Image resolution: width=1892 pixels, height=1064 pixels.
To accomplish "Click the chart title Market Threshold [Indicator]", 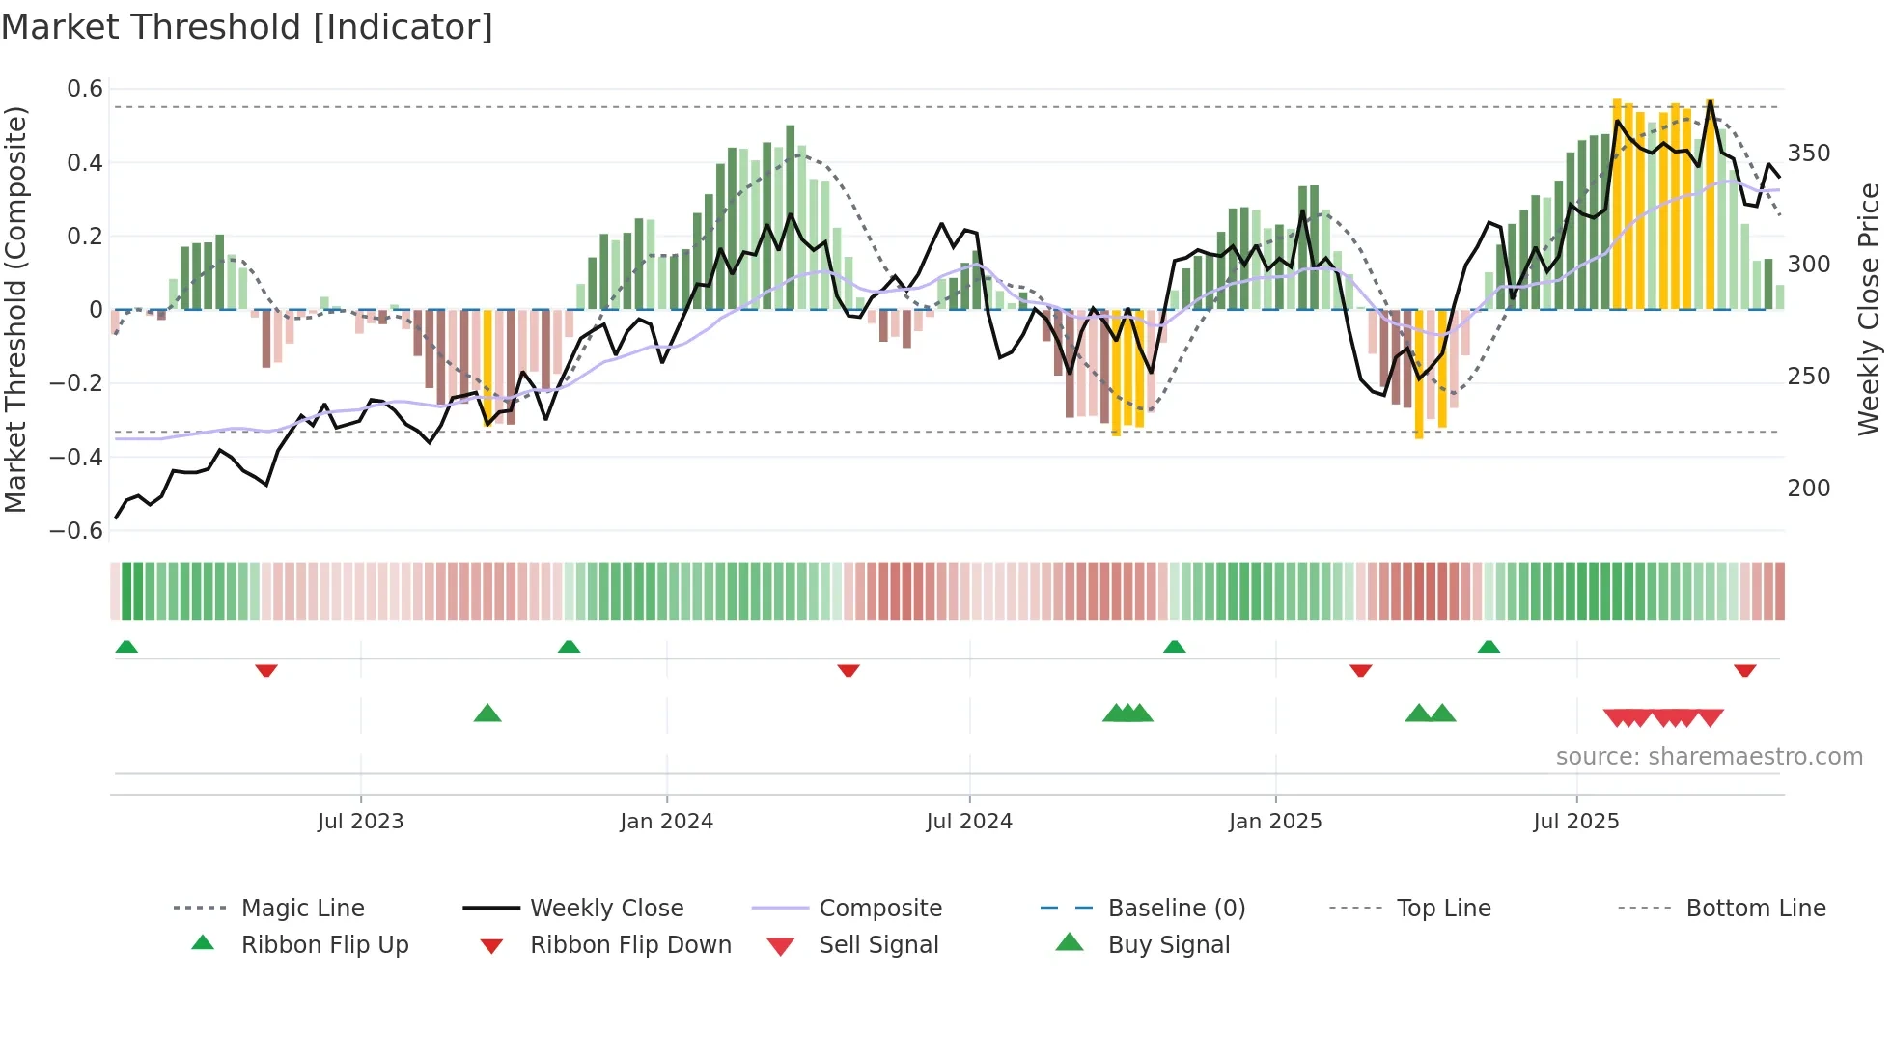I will pyautogui.click(x=247, y=27).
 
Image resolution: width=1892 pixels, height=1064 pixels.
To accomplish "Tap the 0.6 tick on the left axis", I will pyautogui.click(x=85, y=89).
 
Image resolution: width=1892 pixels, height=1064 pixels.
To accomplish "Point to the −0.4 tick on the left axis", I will pyautogui.click(x=77, y=457).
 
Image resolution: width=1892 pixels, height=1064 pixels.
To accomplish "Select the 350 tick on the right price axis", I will pyautogui.click(x=1809, y=154).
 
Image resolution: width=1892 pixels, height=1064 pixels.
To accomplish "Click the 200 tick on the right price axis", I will pyautogui.click(x=1809, y=489).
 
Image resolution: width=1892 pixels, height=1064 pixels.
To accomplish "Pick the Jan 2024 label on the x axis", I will pyautogui.click(x=666, y=822).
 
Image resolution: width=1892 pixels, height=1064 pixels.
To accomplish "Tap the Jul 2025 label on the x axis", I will pyautogui.click(x=1575, y=822).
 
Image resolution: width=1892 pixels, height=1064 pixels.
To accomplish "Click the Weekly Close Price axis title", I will pyautogui.click(x=1869, y=309).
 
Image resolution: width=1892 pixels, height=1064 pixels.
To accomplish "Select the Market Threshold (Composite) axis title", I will pyautogui.click(x=15, y=309).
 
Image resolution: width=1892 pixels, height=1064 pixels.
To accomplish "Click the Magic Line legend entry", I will pyautogui.click(x=302, y=909).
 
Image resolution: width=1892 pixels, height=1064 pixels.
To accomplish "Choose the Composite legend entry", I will pyautogui.click(x=879, y=909).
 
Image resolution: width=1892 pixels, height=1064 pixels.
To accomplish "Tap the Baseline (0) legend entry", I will pyautogui.click(x=1176, y=909).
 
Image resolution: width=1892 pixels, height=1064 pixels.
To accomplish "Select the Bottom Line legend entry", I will pyautogui.click(x=1755, y=909).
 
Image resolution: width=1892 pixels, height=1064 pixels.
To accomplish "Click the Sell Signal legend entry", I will pyautogui.click(x=877, y=945).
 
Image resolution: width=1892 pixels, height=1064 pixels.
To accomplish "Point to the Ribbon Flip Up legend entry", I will pyautogui.click(x=324, y=945).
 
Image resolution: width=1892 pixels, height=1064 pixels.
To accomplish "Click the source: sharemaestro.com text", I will pyautogui.click(x=1709, y=757).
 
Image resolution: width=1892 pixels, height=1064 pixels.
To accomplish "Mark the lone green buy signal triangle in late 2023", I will pyautogui.click(x=487, y=714).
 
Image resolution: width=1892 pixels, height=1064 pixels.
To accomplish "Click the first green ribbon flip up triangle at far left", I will pyautogui.click(x=126, y=647).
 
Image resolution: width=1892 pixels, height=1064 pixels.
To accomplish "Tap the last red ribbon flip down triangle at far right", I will pyautogui.click(x=1744, y=670).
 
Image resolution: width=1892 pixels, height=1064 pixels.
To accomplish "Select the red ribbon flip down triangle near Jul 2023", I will pyautogui.click(x=266, y=670).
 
